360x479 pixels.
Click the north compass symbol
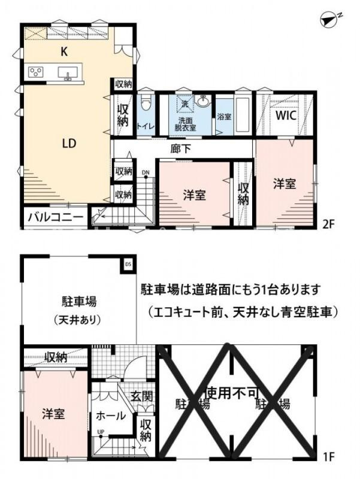[330, 20]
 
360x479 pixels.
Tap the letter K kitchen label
[64, 52]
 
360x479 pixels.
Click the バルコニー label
[55, 217]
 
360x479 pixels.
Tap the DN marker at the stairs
[145, 174]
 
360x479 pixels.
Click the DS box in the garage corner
[128, 263]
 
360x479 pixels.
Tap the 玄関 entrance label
[143, 396]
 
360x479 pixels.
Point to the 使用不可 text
[231, 393]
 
